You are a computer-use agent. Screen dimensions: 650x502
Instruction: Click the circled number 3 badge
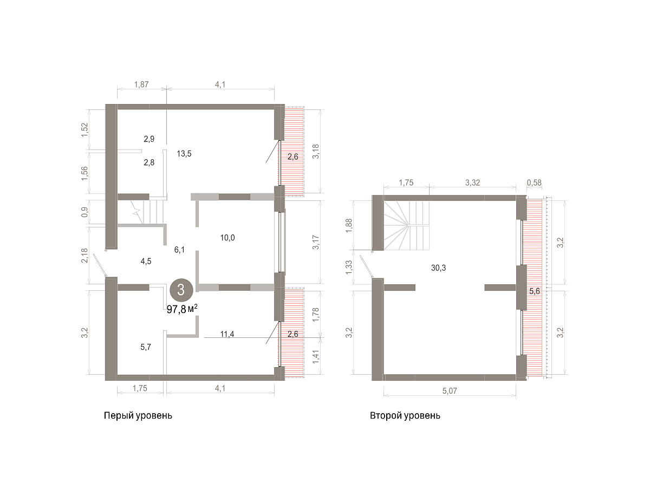click(x=181, y=290)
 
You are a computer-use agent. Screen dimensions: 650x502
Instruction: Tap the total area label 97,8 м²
click(x=182, y=309)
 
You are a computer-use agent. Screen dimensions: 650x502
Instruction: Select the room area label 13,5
click(x=184, y=154)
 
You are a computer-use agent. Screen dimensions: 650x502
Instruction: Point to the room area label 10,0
click(x=227, y=238)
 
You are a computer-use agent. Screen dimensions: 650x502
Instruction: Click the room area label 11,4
click(x=227, y=334)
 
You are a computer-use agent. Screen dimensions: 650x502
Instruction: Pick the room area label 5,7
click(x=146, y=347)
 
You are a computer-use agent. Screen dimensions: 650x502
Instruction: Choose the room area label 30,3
click(x=438, y=268)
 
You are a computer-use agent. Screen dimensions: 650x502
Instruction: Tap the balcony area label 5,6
click(x=535, y=291)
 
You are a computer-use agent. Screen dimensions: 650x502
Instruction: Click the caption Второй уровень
click(x=405, y=416)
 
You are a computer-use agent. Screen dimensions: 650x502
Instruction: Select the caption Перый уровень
click(x=138, y=416)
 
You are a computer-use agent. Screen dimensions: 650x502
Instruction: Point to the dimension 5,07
click(x=450, y=391)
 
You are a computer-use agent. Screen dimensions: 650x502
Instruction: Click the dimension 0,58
click(x=534, y=182)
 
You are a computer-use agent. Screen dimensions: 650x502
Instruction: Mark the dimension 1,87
click(x=141, y=84)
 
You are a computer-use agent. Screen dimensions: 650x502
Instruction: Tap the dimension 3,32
click(x=472, y=182)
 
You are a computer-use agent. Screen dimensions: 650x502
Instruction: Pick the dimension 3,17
click(x=316, y=243)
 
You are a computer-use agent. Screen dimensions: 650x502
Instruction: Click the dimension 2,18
click(x=84, y=256)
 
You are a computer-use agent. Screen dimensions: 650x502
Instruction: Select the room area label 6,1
click(x=179, y=250)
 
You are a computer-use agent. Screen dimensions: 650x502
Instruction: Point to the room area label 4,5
click(x=146, y=262)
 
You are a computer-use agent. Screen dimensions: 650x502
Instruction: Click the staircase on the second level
click(x=406, y=225)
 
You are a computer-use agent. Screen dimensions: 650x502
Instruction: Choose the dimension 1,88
click(x=349, y=226)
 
